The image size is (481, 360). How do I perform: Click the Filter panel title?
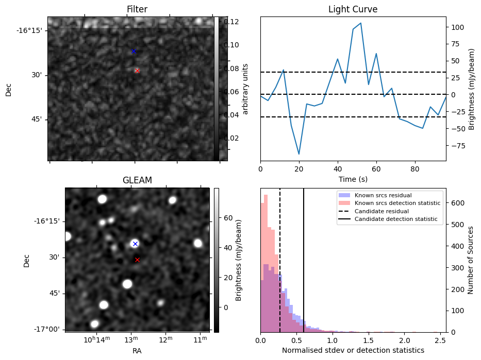coord(137,10)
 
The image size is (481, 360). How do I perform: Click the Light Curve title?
coord(353,10)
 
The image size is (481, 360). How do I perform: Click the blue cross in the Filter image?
coord(134,52)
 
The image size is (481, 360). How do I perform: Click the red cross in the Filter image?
coord(137,71)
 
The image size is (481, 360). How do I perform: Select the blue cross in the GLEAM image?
coord(135,244)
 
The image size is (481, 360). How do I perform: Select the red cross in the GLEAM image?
coord(137,260)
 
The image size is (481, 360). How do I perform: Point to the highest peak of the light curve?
coord(361,23)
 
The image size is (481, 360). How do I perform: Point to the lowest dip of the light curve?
coord(299,154)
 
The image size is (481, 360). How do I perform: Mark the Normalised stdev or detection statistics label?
coord(353,350)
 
